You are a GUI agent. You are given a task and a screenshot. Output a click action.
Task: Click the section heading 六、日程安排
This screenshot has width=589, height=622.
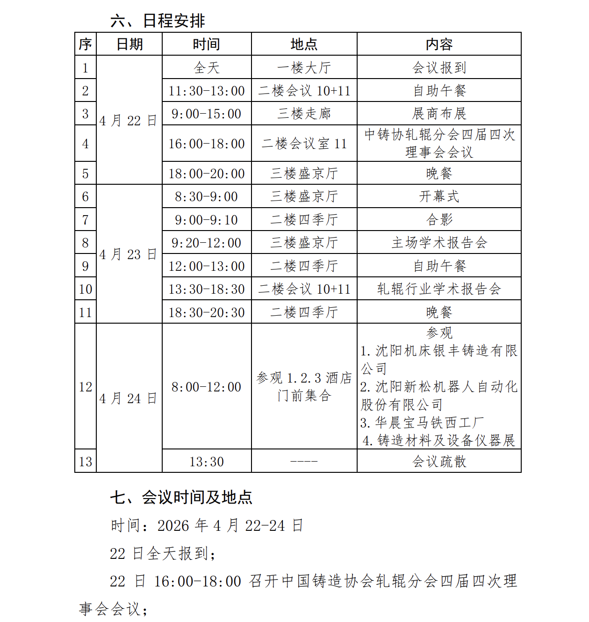158,21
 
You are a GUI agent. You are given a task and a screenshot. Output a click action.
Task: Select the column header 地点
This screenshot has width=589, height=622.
304,44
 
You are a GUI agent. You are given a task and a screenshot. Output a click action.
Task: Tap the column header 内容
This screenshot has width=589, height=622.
439,44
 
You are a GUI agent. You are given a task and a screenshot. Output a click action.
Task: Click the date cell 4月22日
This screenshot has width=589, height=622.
128,121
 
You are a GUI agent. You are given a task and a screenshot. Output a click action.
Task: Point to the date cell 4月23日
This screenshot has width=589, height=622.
128,254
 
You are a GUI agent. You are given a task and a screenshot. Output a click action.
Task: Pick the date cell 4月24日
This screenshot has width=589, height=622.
128,398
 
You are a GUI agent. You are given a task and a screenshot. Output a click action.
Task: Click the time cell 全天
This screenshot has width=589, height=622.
207,68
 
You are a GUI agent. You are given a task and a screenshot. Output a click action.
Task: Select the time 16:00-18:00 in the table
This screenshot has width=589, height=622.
207,144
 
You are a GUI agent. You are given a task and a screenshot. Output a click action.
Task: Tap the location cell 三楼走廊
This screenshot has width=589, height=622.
304,114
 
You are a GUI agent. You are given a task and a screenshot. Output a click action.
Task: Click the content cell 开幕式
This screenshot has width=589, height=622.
439,196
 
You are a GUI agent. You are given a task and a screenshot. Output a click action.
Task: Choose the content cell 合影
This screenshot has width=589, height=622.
439,219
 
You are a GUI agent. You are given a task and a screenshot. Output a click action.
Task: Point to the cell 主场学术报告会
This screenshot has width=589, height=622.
439,243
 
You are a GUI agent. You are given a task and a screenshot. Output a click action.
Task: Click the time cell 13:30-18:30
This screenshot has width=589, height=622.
207,289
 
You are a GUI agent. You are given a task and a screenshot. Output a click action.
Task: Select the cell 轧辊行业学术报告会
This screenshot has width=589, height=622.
439,289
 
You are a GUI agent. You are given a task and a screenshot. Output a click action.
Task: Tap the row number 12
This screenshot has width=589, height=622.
86,387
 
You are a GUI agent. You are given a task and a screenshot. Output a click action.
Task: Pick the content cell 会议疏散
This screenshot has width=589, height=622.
439,462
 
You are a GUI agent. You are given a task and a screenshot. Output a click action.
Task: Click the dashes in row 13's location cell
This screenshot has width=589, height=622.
304,462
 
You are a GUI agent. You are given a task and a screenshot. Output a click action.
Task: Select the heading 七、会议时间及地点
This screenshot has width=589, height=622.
181,497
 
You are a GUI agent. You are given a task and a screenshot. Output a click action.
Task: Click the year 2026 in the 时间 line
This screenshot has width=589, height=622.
173,526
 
